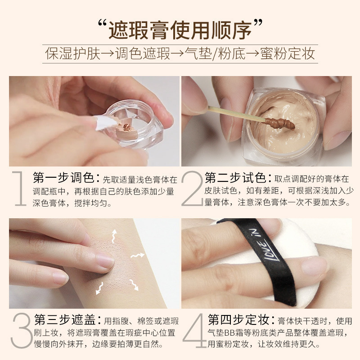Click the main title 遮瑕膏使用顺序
180,30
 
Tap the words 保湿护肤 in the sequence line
73,54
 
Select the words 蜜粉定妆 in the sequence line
287,54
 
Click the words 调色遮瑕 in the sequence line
143,54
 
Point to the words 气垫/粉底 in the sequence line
215,54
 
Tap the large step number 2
193,188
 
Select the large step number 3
21,330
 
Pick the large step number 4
195,330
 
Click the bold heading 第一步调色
63,177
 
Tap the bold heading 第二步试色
235,177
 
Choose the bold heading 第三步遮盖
65,319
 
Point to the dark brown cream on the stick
279,123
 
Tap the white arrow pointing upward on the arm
114,236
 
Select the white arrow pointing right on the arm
138,255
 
